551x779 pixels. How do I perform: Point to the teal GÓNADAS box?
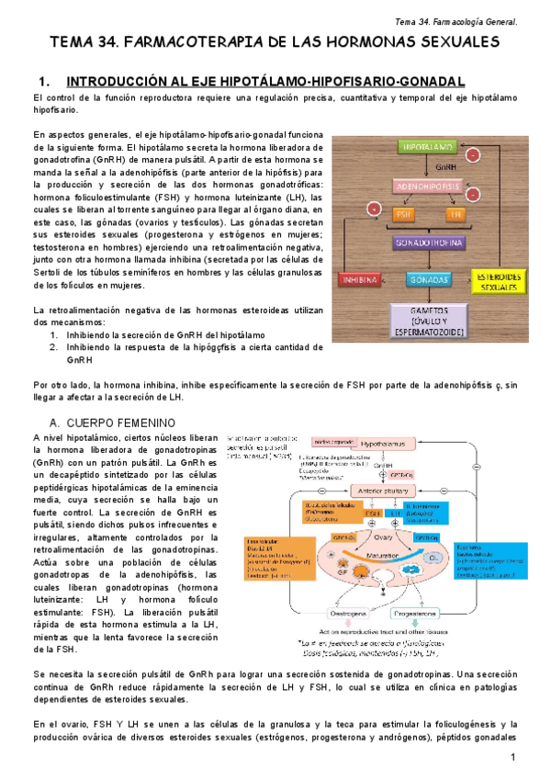[x=429, y=277]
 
